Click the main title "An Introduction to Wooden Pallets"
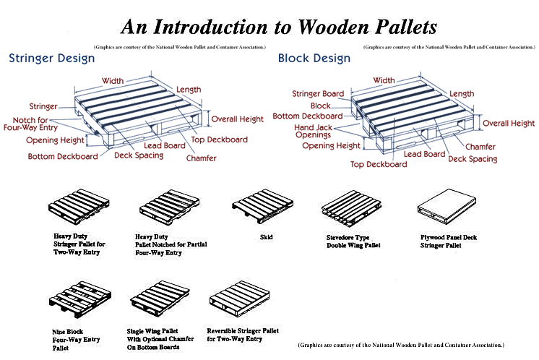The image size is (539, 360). point(278,27)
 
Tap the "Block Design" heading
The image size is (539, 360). point(314,59)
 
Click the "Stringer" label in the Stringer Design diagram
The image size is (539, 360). point(43,106)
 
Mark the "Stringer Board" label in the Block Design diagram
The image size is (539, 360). point(317,93)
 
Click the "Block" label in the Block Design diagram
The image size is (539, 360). point(320,106)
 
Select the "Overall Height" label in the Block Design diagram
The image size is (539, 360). point(508,124)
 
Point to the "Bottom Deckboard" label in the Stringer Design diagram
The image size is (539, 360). point(63,156)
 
